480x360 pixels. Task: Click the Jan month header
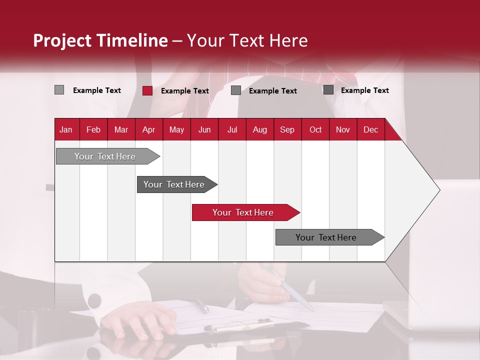click(66, 130)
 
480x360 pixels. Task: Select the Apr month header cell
click(148, 130)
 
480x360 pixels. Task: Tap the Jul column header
click(232, 130)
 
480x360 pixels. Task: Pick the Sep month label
click(287, 130)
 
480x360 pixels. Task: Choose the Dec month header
click(370, 130)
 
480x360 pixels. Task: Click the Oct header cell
click(315, 130)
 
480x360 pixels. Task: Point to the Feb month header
click(93, 130)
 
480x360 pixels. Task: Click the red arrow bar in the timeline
click(243, 212)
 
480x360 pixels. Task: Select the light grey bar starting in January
click(105, 156)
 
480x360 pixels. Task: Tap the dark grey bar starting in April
click(174, 184)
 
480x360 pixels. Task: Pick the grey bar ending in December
click(326, 237)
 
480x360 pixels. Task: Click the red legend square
click(147, 90)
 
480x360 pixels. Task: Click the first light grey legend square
click(59, 90)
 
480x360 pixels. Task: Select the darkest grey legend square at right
click(328, 90)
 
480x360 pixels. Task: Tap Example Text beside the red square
click(184, 91)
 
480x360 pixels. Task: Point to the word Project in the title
click(62, 40)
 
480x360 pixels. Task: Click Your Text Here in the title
click(247, 40)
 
